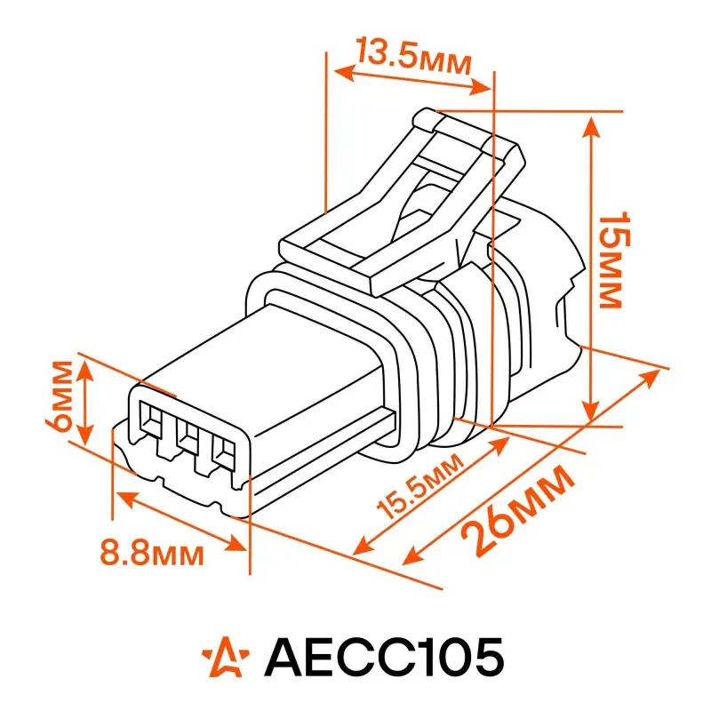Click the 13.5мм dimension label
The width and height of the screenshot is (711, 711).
click(413, 57)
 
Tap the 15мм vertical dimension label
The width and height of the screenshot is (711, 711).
click(614, 260)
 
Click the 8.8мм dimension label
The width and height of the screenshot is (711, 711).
click(152, 553)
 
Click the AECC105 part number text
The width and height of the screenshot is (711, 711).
click(384, 657)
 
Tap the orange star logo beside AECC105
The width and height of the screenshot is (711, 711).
click(226, 657)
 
